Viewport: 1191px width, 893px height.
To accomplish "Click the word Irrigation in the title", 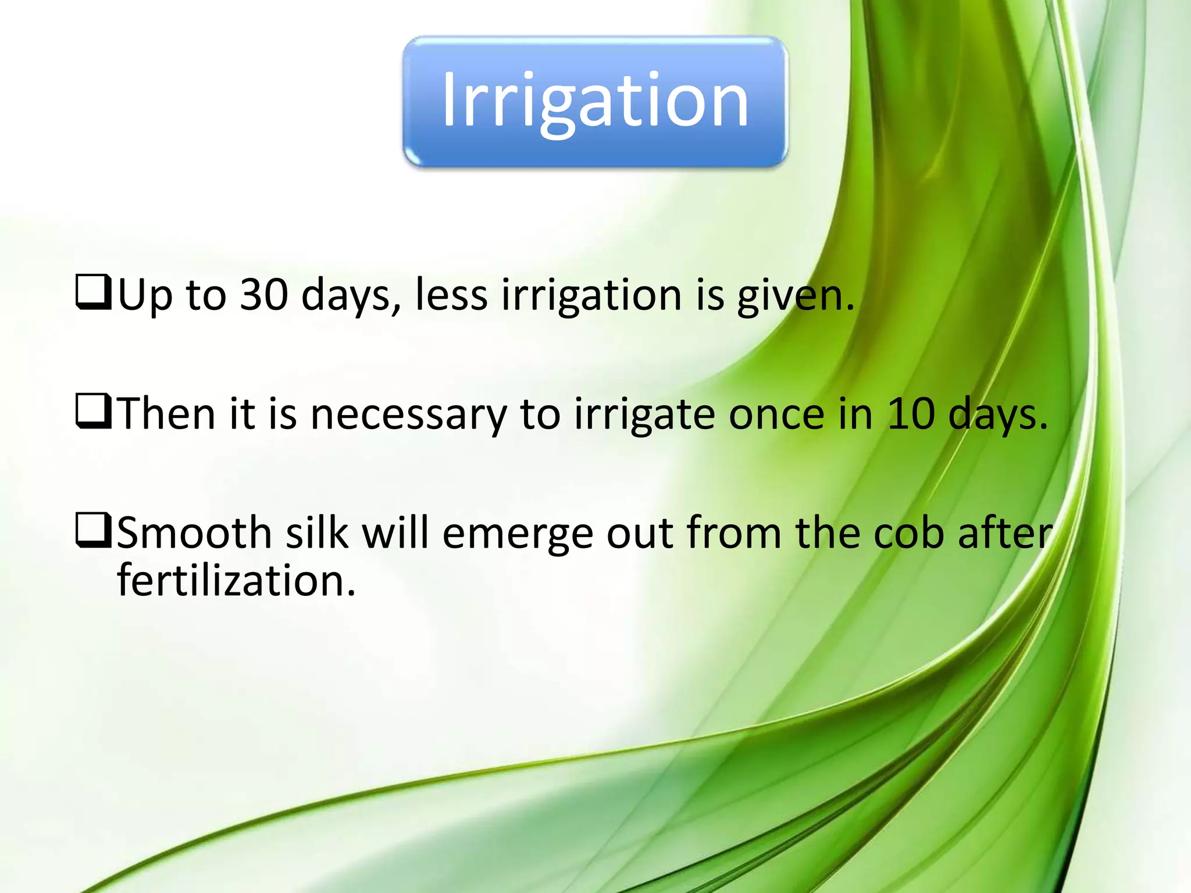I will [x=595, y=100].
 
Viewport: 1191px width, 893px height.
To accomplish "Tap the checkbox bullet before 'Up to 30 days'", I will [x=93, y=293].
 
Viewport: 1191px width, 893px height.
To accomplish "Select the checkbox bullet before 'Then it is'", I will [x=93, y=412].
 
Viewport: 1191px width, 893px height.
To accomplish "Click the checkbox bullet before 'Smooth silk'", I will [x=93, y=531].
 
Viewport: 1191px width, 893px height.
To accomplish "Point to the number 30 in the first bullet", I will [x=264, y=294].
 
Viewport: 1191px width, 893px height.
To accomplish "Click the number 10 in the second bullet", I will [x=911, y=413].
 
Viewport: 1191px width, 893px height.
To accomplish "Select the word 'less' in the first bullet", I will [x=451, y=294].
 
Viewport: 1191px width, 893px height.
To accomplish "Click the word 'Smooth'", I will [x=194, y=533].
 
